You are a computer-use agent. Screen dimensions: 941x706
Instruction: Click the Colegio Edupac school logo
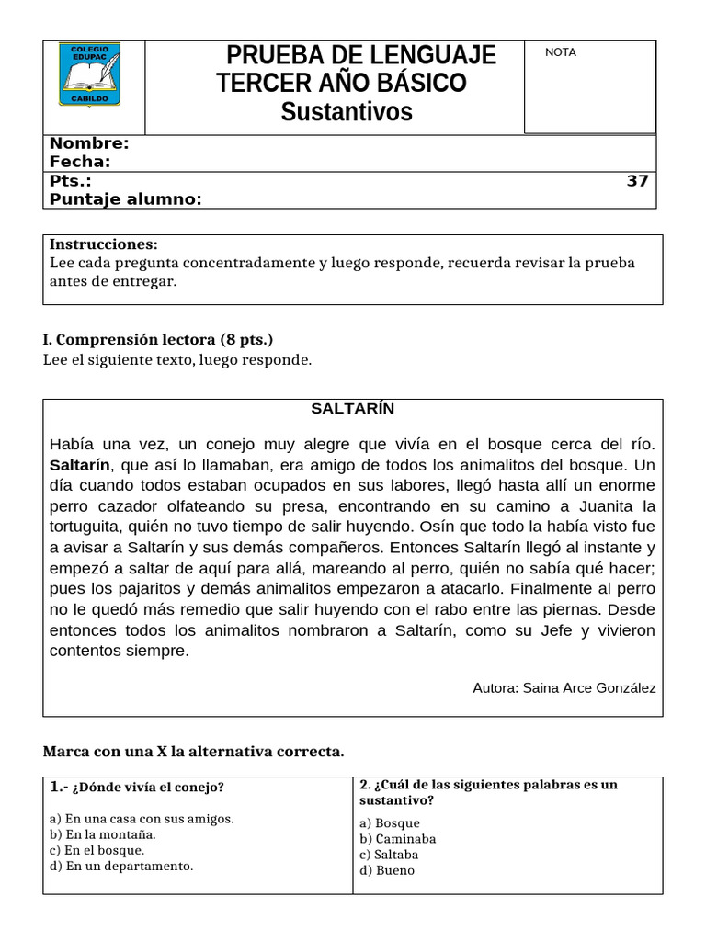pyautogui.click(x=88, y=74)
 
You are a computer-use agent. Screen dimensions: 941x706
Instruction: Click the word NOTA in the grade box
pyautogui.click(x=561, y=52)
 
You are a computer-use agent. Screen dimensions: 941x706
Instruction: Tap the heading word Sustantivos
pyautogui.click(x=347, y=112)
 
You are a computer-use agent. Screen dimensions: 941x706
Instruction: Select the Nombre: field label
pyautogui.click(x=89, y=143)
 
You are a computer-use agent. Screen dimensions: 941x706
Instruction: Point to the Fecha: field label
pyautogui.click(x=80, y=162)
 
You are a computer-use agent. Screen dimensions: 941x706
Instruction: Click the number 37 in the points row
pyautogui.click(x=637, y=181)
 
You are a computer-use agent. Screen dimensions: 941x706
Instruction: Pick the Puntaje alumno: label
pyautogui.click(x=125, y=199)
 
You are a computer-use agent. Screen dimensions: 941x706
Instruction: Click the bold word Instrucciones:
pyautogui.click(x=103, y=244)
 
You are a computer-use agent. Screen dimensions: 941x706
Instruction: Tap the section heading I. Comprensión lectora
pyautogui.click(x=158, y=340)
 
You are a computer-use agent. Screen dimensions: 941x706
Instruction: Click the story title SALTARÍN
pyautogui.click(x=352, y=408)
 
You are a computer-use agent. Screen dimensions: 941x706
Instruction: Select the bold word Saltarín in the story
pyautogui.click(x=80, y=465)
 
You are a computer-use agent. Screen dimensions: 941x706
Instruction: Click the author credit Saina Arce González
pyautogui.click(x=588, y=687)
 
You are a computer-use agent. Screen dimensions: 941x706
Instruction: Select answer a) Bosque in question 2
pyautogui.click(x=390, y=823)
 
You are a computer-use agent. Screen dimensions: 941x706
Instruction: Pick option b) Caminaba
pyautogui.click(x=398, y=839)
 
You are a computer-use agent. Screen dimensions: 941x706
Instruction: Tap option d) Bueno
pyautogui.click(x=387, y=870)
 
